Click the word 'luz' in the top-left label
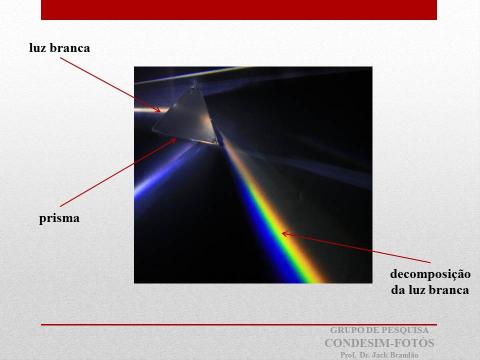pyautogui.click(x=37, y=48)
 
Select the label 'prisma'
pyautogui.click(x=59, y=218)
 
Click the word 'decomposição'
pyautogui.click(x=430, y=274)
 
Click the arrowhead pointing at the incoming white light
pyautogui.click(x=157, y=109)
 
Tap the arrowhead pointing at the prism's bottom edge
pyautogui.click(x=173, y=141)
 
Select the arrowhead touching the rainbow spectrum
pyautogui.click(x=284, y=234)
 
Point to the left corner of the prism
pyautogui.click(x=152, y=130)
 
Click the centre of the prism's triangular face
pyautogui.click(x=189, y=119)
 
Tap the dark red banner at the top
pyautogui.click(x=239, y=10)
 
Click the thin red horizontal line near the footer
pyautogui.click(x=239, y=324)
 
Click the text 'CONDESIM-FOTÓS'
pyautogui.click(x=379, y=343)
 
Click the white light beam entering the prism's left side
pyautogui.click(x=147, y=110)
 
